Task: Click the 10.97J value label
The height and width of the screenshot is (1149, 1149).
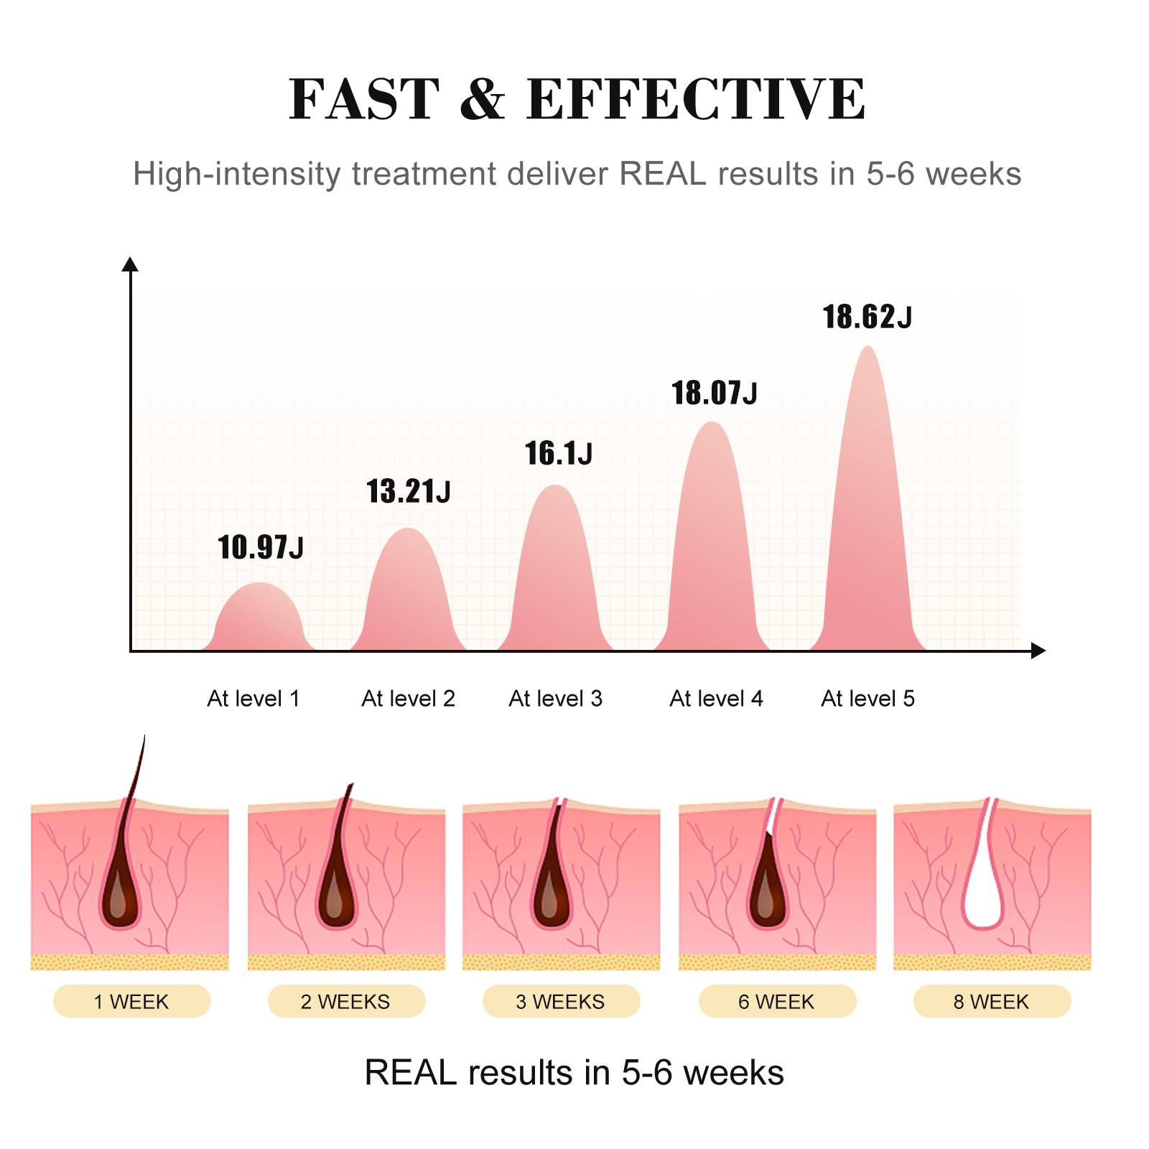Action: pos(261,547)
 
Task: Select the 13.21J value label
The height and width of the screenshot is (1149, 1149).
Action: pos(409,492)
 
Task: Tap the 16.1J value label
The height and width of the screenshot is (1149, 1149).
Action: pos(559,454)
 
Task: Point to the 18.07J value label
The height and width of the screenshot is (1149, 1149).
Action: pos(715,394)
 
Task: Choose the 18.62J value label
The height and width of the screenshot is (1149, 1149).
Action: pos(867,317)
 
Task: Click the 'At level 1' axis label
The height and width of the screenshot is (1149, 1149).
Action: pos(253,699)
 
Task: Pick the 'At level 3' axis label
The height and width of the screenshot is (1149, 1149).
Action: pos(556,699)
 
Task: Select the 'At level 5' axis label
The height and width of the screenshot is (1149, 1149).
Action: pos(868,699)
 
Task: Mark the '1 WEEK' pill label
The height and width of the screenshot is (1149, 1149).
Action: pos(131,1002)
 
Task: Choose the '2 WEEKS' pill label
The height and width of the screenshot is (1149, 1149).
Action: pos(346,1002)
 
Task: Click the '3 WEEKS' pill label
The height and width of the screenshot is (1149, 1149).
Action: pos(561,1002)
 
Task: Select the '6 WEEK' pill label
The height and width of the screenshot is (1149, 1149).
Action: pos(777,1002)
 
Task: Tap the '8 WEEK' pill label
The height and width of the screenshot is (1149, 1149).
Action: pos(992,1002)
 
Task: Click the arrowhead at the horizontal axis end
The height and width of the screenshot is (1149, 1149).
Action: pos(1038,651)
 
